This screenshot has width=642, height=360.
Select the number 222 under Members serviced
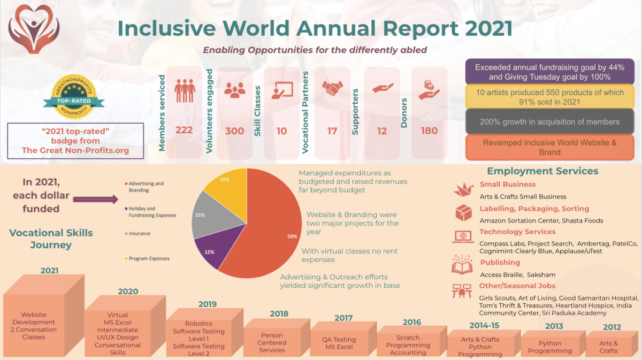pos(184,131)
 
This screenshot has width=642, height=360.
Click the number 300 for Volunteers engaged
pos(234,131)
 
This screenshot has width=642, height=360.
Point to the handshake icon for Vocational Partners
pos(332,87)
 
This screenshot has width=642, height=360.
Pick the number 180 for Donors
pos(429,131)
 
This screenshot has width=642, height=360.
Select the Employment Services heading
pos(542,171)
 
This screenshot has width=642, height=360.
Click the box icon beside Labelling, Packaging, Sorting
pos(463,212)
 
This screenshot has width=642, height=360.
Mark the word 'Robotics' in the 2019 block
pos(198,324)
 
